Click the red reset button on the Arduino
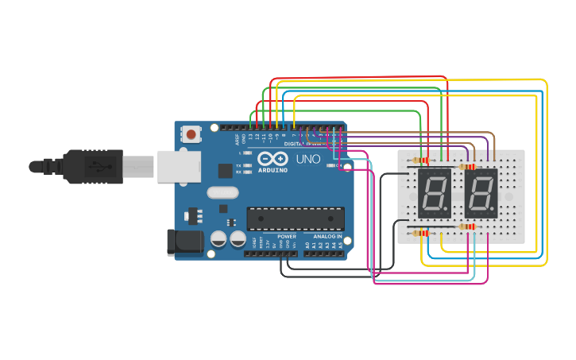tap(191, 134)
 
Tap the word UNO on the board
tap(307, 159)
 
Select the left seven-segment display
tap(434, 193)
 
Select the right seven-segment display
tap(481, 193)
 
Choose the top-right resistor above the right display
tap(467, 167)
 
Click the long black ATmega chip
tap(296, 218)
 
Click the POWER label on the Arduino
tap(287, 237)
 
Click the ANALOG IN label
tap(327, 237)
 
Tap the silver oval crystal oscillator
tap(222, 192)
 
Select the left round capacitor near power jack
tap(218, 238)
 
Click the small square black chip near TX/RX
tap(226, 170)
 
